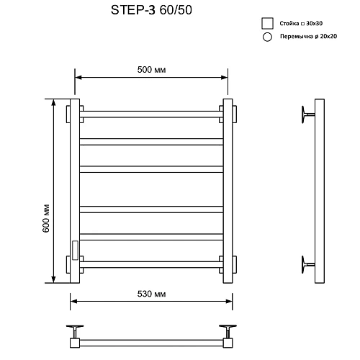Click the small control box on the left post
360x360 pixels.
click(74, 248)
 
